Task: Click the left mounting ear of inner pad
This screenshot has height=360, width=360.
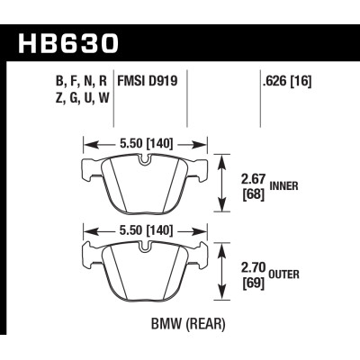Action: (x=89, y=166)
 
